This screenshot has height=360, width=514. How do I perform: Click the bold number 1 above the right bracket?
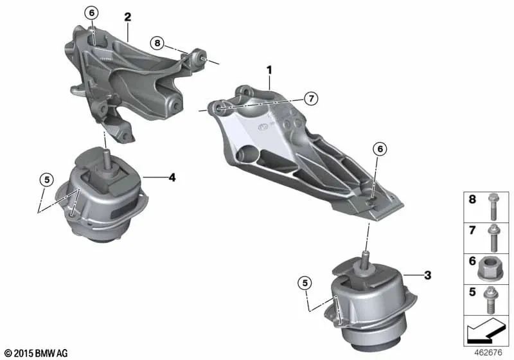pos(270,69)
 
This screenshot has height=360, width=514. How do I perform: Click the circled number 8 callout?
pos(157,43)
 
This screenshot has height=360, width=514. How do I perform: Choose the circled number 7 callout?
pos(311,98)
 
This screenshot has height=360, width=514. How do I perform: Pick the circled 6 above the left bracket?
pos(91,13)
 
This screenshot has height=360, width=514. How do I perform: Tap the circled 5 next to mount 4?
pos(46,179)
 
